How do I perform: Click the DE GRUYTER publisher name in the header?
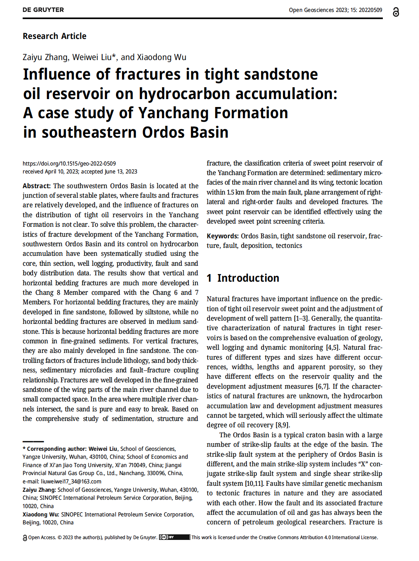[x=43, y=10]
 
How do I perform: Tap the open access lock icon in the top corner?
[x=396, y=12]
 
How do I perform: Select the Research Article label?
[x=54, y=36]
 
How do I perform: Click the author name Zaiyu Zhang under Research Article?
[x=45, y=57]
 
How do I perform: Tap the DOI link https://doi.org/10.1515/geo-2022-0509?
[x=69, y=164]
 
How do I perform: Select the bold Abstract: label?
[x=37, y=186]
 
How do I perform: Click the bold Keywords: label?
[x=223, y=236]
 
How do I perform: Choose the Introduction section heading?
[x=248, y=278]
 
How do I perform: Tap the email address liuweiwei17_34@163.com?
[x=71, y=481]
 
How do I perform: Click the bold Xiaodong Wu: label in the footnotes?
[x=41, y=514]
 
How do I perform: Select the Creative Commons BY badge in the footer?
[x=174, y=537]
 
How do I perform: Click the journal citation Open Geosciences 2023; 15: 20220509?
[x=335, y=10]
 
